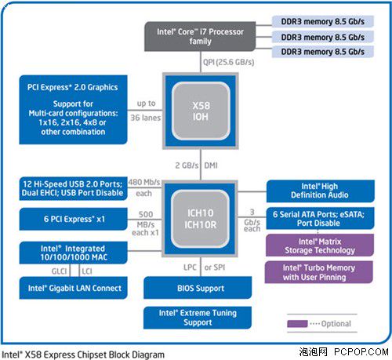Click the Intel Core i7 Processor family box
coord(200,36)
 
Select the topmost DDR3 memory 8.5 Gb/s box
coord(323,21)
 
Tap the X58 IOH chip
coord(201,111)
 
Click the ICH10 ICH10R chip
coord(200,219)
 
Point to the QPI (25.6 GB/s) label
coord(229,62)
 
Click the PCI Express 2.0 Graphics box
coord(73,110)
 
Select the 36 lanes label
coord(146,118)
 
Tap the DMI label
coord(211,165)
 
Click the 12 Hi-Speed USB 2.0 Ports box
coord(73,188)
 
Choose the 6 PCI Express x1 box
coord(73,219)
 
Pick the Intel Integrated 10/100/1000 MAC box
coord(73,253)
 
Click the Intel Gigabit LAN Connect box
coord(73,288)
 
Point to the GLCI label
coord(60,271)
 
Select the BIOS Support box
coord(198,288)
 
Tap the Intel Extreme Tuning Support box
coord(198,318)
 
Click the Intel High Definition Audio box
coord(321,191)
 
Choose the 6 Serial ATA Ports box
coord(320,219)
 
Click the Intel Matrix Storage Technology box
coord(320,245)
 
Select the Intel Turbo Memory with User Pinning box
coord(319,272)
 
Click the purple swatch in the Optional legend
coord(297,324)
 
